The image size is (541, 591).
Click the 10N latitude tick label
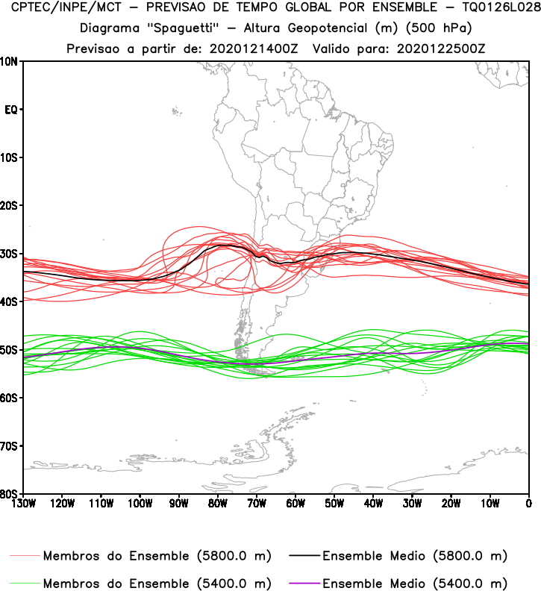point(10,61)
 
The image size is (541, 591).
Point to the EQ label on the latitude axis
point(11,110)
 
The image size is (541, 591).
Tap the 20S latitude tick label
point(10,205)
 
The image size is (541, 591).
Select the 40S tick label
point(10,301)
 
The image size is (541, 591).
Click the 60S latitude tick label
point(10,398)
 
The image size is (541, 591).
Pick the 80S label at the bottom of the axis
point(10,493)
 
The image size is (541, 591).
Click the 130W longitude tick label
point(23,504)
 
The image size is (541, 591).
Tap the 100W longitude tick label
point(140,504)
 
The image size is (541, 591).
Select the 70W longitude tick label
point(256,504)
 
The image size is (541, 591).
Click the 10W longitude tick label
point(490,504)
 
